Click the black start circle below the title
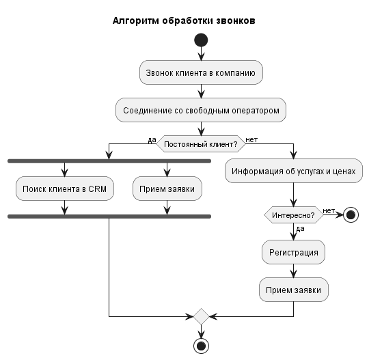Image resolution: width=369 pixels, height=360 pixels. tap(201, 41)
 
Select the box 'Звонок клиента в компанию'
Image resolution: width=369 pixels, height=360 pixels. tap(201, 73)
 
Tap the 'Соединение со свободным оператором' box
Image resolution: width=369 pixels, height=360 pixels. tap(201, 110)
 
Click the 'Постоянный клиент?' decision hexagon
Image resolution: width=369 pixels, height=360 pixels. tap(201, 144)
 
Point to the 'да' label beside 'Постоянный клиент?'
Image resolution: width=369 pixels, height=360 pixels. tap(152, 139)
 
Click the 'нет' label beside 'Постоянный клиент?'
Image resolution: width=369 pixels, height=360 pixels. tap(251, 139)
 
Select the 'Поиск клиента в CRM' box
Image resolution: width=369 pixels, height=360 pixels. tap(64, 189)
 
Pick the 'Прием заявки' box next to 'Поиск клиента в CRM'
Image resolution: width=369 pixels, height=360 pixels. tap(167, 189)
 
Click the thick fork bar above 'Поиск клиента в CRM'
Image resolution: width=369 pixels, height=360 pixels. tap(109, 161)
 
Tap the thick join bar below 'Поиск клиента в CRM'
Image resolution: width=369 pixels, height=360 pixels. tap(109, 216)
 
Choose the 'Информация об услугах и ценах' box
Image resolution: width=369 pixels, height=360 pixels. tap(294, 171)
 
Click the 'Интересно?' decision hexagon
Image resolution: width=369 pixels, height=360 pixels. tap(294, 215)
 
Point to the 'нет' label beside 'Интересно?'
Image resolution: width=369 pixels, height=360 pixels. tap(329, 210)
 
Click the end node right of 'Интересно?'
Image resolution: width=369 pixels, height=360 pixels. tap(351, 215)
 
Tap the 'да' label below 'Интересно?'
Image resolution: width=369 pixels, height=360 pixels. tap(301, 228)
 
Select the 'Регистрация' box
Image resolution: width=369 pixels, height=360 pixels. tap(294, 253)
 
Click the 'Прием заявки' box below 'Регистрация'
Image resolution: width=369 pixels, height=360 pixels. tap(294, 290)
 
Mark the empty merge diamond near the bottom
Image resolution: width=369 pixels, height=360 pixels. tap(201, 316)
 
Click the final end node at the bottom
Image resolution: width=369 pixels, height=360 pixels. tap(201, 346)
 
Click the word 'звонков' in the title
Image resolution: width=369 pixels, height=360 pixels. tap(234, 20)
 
